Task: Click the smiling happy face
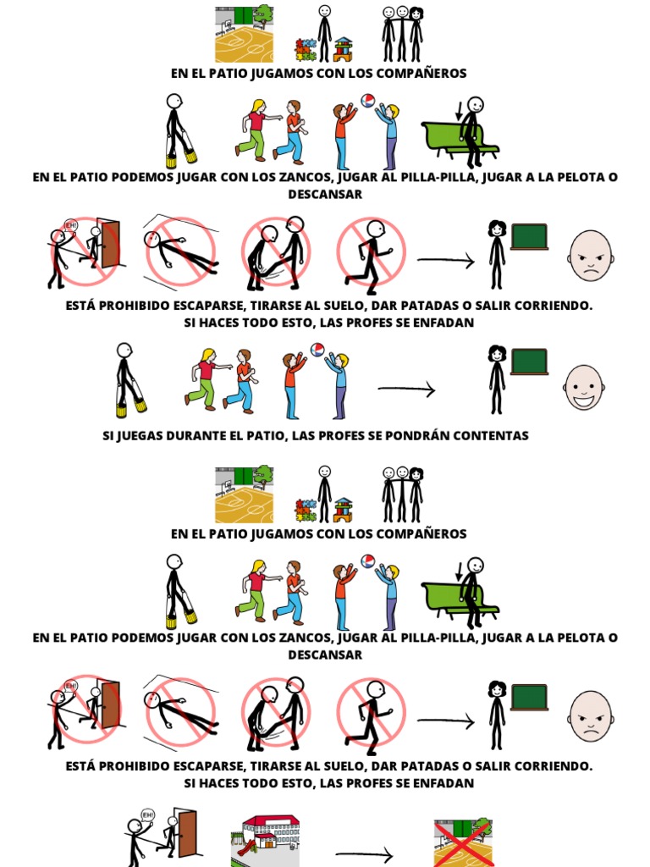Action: [584, 387]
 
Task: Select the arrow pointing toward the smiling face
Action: [406, 389]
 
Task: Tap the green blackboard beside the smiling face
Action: [529, 362]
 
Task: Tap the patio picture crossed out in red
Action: [462, 842]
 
